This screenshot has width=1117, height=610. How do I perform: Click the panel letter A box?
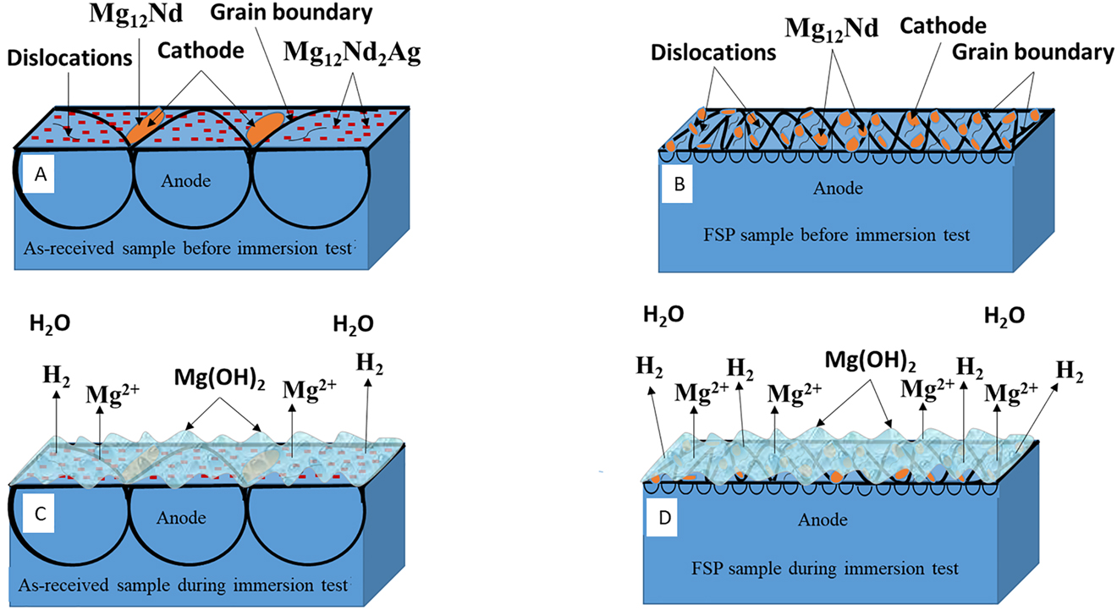(39, 174)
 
